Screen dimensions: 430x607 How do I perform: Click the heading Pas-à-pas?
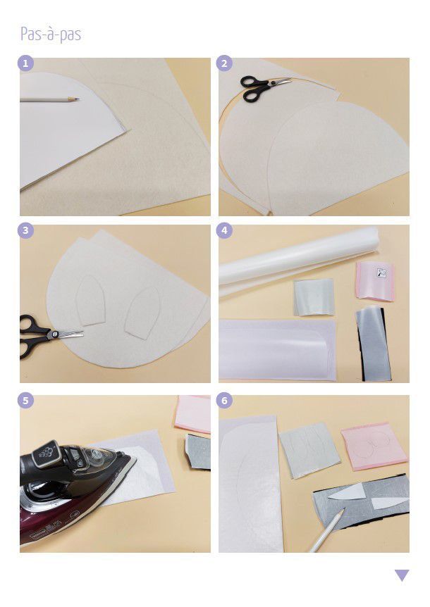51,34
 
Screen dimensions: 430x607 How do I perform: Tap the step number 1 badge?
25,63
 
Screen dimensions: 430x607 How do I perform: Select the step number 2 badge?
224,63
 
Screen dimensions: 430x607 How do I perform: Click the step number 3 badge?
25,231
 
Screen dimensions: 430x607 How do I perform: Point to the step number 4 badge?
224,231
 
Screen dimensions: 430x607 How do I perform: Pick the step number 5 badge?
25,400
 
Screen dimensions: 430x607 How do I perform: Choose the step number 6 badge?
224,400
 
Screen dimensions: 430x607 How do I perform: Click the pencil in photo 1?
49,100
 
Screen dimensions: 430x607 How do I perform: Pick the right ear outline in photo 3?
142,313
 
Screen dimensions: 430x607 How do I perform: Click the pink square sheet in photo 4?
375,281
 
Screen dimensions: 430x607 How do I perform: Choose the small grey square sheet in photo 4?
314,296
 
